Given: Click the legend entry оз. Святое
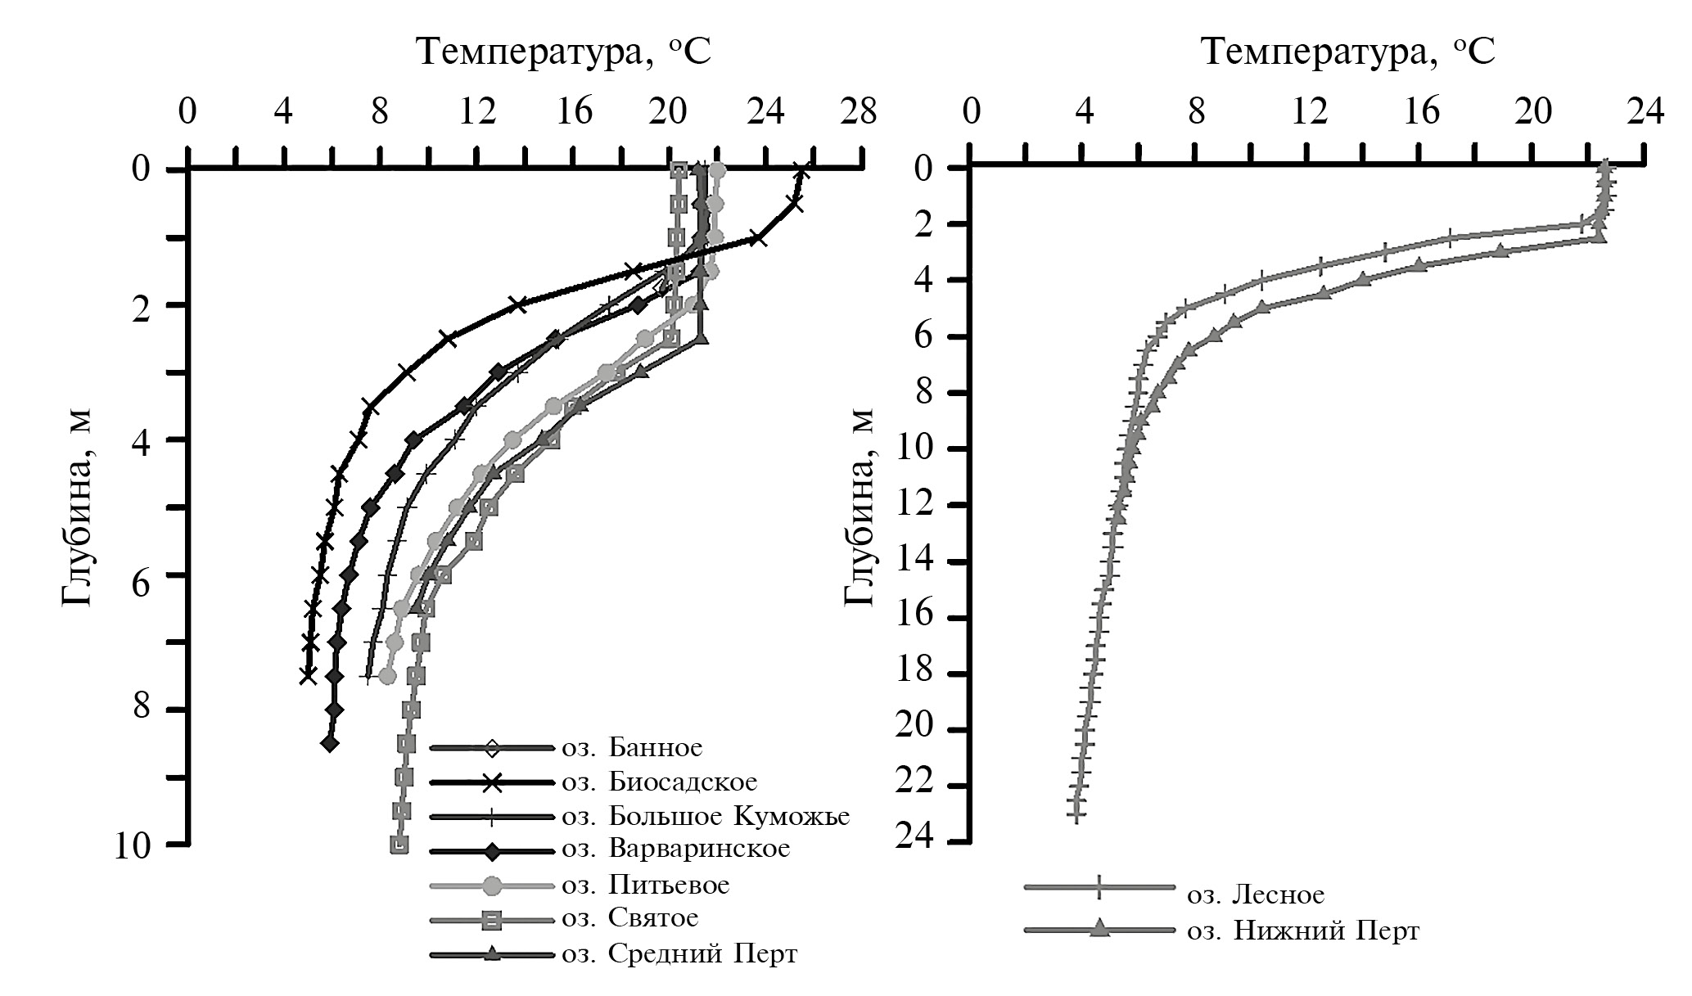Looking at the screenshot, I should click(x=629, y=918).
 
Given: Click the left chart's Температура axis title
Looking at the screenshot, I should click(x=564, y=53).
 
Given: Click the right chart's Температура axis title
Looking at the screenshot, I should click(x=1347, y=53).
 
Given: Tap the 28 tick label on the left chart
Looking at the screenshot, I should click(x=859, y=112).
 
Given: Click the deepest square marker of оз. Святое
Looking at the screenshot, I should click(x=399, y=845).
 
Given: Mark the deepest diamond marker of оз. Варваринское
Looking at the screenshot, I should click(x=330, y=743).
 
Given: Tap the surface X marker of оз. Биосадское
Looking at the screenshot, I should click(x=802, y=171).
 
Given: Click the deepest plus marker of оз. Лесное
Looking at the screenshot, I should click(x=1076, y=814).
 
